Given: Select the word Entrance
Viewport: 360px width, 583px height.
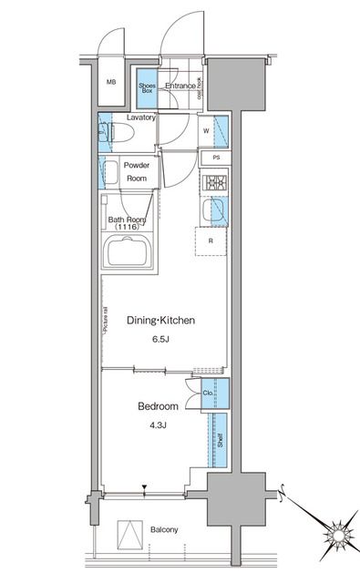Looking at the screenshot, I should [180, 87].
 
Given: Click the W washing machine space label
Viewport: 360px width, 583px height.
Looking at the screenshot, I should [205, 130].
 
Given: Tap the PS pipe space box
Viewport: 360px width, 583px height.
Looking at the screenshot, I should [215, 158].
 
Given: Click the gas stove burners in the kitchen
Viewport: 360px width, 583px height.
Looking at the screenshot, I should [215, 184].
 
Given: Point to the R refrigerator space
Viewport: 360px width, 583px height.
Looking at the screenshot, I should [211, 241].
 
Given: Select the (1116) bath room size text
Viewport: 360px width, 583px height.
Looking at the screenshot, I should [126, 227].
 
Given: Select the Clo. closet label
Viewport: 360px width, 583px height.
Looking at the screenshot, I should [208, 395].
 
